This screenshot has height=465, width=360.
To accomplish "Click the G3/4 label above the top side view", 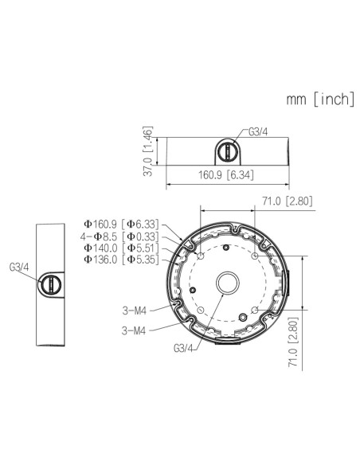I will tap(259, 132).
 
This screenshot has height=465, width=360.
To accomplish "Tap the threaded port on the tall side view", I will tap(51, 283).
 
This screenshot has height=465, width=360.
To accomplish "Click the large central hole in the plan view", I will tap(227, 283).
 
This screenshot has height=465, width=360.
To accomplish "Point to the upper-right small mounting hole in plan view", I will tap(254, 256).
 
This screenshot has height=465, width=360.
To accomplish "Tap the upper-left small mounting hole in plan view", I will tap(200, 256).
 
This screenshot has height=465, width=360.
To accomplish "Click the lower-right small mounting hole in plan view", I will tap(254, 310).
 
